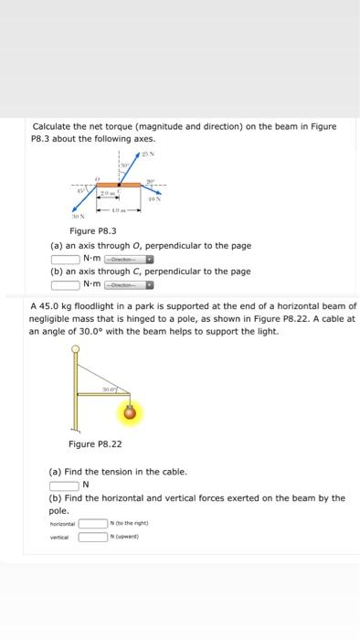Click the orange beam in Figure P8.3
[119, 186]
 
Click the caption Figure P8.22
[95, 444]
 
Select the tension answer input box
[65, 485]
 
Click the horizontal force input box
[92, 524]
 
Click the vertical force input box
[92, 537]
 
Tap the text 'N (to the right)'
[130, 524]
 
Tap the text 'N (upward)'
[126, 537]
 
